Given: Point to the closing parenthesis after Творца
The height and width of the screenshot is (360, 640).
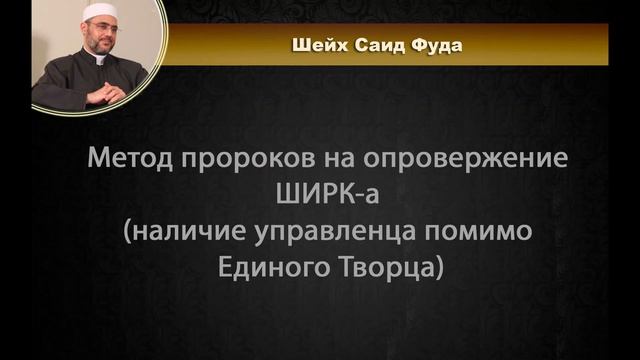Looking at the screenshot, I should click(x=436, y=267).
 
